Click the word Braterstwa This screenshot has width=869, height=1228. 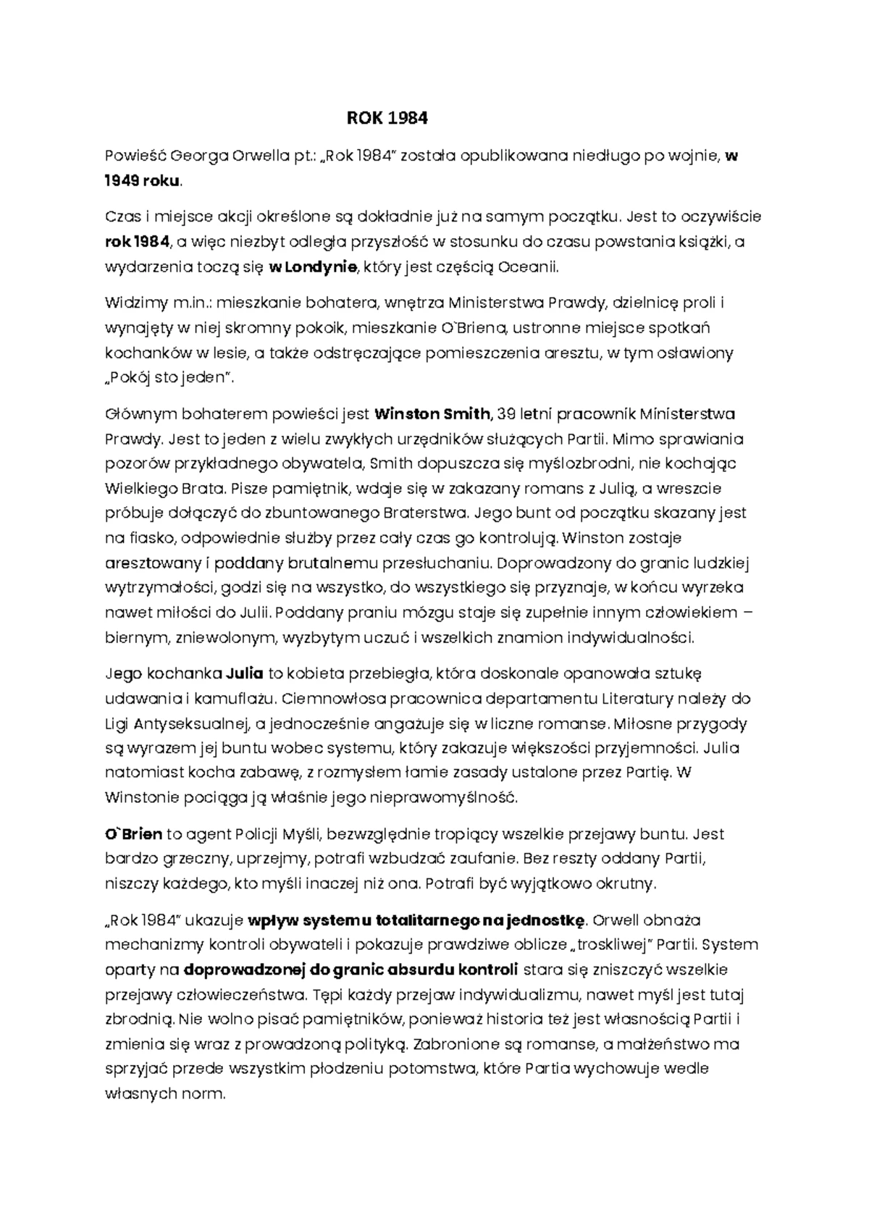click(423, 513)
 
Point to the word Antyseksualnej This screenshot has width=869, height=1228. click(190, 723)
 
